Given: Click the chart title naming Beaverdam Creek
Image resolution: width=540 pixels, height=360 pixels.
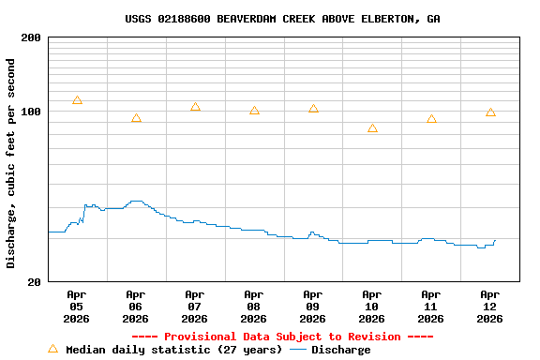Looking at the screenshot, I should [x=282, y=19].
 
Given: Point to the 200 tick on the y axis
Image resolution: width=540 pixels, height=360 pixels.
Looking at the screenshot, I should [x=31, y=37].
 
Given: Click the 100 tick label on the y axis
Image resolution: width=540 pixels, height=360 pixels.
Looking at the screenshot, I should [x=31, y=112].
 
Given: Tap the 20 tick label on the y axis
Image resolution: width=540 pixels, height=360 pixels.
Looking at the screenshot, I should [x=34, y=281].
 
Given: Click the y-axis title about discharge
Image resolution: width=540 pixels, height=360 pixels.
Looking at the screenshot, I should [x=11, y=163].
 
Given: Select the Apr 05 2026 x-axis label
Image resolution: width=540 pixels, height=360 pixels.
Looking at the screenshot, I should [x=77, y=306].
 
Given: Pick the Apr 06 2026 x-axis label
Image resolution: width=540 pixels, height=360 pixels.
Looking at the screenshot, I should [x=136, y=306].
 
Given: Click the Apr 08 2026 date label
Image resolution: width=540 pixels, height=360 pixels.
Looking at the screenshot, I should [x=254, y=306].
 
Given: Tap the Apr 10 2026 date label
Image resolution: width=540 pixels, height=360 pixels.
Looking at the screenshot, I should [x=372, y=306].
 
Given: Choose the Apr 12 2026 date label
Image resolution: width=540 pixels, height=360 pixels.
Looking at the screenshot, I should [x=490, y=306].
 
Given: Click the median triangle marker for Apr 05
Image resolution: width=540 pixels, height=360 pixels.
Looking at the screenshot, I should [x=77, y=100].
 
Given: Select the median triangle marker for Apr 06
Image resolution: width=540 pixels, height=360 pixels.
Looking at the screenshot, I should [x=136, y=118].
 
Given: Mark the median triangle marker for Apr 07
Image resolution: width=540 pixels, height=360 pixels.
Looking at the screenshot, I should [x=195, y=107].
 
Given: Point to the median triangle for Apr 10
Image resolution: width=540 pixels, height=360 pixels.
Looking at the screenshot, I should [x=372, y=128].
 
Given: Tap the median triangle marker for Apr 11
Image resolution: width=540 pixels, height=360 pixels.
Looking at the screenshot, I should [x=431, y=119].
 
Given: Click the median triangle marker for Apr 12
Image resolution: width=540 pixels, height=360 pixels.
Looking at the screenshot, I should [x=490, y=112].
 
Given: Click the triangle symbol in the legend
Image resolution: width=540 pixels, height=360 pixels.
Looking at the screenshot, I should [x=52, y=349].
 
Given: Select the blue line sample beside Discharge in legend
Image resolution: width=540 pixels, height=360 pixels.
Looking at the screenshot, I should [x=298, y=350].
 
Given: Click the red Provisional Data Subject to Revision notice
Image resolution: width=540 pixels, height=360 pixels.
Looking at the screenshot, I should [x=282, y=337].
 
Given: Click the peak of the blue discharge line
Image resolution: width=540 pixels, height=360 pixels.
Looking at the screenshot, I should [x=136, y=201].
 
